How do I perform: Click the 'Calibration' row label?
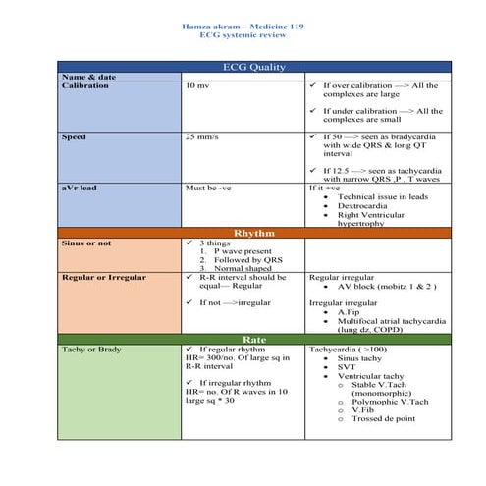85,85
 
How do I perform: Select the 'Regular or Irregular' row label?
103,278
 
